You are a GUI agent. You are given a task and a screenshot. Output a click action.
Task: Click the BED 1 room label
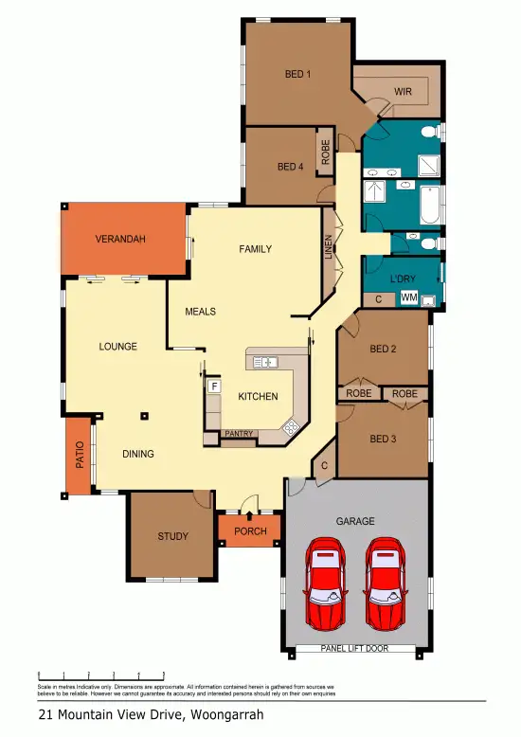[x=298, y=74]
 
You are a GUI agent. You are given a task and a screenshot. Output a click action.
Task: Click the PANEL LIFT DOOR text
[x=355, y=649]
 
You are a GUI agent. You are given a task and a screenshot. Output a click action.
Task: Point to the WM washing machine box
[x=409, y=297]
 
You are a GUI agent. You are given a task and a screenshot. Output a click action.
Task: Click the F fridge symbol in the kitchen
[x=214, y=386]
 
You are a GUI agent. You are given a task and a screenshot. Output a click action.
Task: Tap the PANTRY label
[x=238, y=434]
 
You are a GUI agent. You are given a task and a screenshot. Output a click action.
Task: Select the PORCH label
[x=250, y=531]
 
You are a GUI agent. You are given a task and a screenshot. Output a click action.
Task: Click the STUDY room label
[x=172, y=536]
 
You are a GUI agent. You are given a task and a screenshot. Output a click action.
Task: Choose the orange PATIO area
[x=79, y=457]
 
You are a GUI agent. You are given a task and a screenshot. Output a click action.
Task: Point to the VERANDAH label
[x=120, y=240]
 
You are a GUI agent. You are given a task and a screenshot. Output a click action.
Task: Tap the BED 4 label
[x=290, y=167]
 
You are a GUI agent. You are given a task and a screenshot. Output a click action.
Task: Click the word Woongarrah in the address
[x=228, y=715]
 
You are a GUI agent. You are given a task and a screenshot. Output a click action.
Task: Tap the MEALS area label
[x=200, y=311]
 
